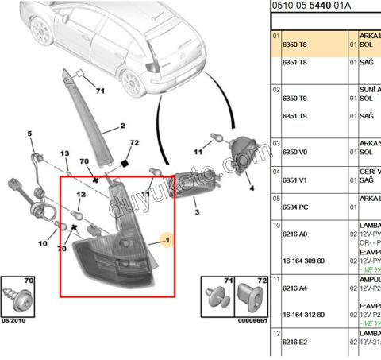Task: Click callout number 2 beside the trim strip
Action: [x=123, y=126]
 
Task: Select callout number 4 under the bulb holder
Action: [x=250, y=188]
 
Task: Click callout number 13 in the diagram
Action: [x=65, y=153]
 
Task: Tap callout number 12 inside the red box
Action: [x=81, y=195]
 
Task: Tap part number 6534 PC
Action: [x=294, y=205]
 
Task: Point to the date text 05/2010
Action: [x=14, y=320]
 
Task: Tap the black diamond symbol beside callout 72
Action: [x=124, y=163]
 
